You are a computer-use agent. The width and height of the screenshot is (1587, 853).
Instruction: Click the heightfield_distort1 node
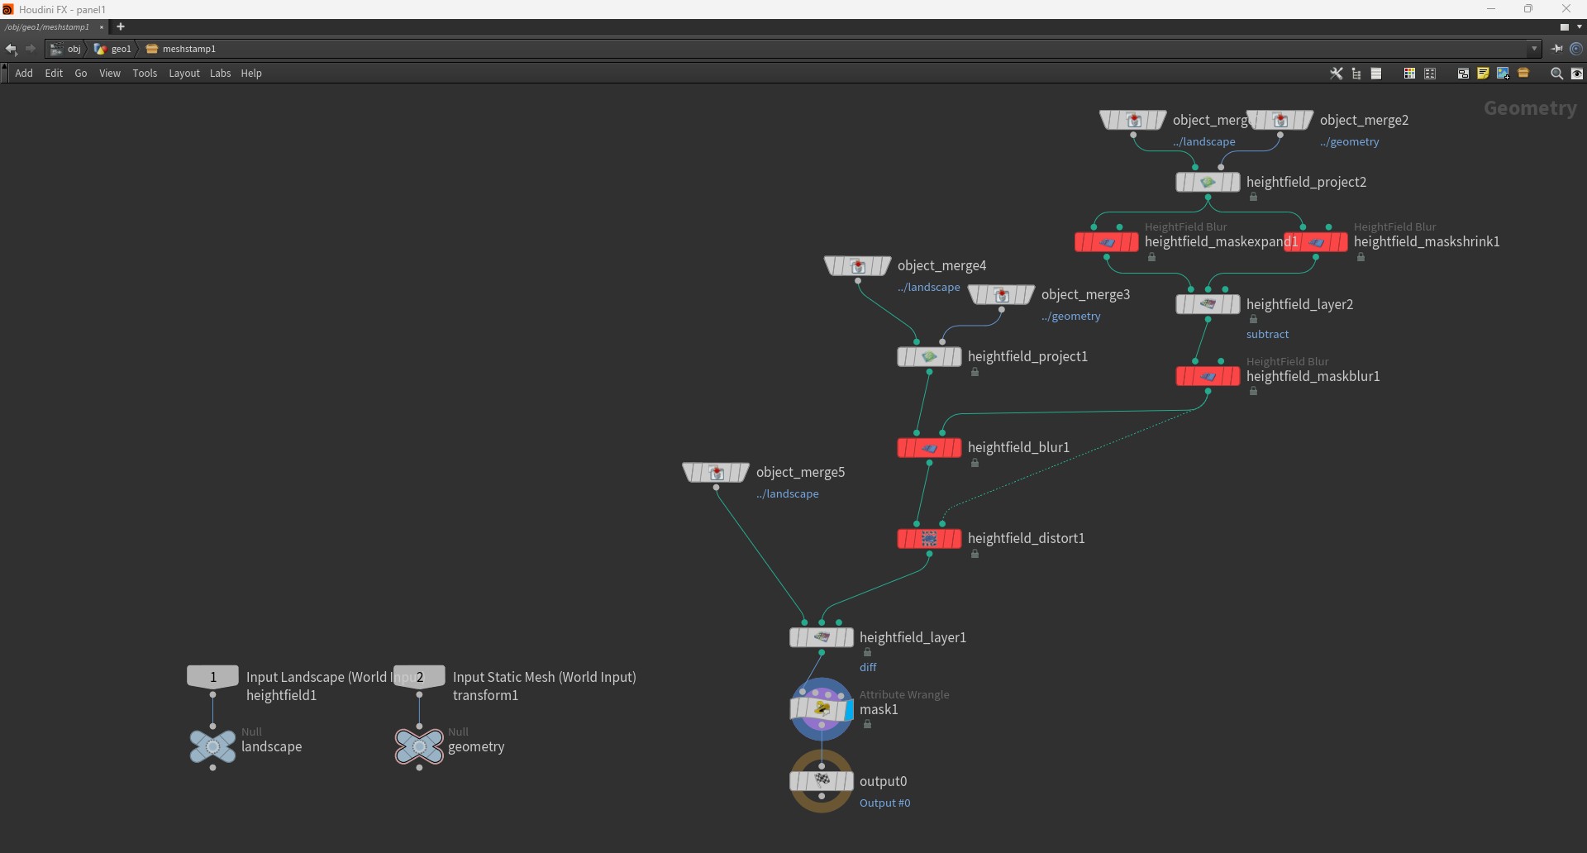(x=929, y=539)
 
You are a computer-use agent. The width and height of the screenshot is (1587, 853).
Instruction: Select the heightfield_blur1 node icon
(x=929, y=448)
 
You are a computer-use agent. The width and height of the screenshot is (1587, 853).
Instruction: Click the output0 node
(x=822, y=781)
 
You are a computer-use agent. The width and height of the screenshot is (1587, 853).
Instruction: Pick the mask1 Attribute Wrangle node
(x=822, y=709)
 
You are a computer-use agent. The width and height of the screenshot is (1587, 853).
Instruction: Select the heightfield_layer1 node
(x=822, y=637)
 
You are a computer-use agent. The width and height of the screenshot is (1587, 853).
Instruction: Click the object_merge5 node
(x=716, y=473)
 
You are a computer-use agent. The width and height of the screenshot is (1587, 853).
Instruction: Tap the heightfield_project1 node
(x=929, y=357)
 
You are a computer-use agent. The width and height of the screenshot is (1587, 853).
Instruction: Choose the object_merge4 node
(x=857, y=266)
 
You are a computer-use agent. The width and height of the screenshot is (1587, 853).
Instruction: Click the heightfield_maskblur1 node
(x=1208, y=377)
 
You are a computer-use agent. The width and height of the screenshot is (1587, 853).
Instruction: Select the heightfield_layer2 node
(x=1208, y=305)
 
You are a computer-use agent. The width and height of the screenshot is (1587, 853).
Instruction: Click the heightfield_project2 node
(x=1208, y=183)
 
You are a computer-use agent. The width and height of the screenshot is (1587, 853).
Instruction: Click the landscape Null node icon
(x=212, y=746)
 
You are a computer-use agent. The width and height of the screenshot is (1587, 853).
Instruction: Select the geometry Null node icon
(x=419, y=746)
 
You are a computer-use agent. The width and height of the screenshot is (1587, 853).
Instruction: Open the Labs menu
(x=220, y=74)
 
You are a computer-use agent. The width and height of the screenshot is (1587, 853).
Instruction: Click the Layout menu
(x=184, y=74)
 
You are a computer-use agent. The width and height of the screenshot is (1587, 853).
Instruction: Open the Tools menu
(x=145, y=74)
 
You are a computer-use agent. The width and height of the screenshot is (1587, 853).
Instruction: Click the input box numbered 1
(x=212, y=677)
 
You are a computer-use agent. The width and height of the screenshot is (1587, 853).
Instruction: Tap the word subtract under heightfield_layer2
(x=1267, y=335)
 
